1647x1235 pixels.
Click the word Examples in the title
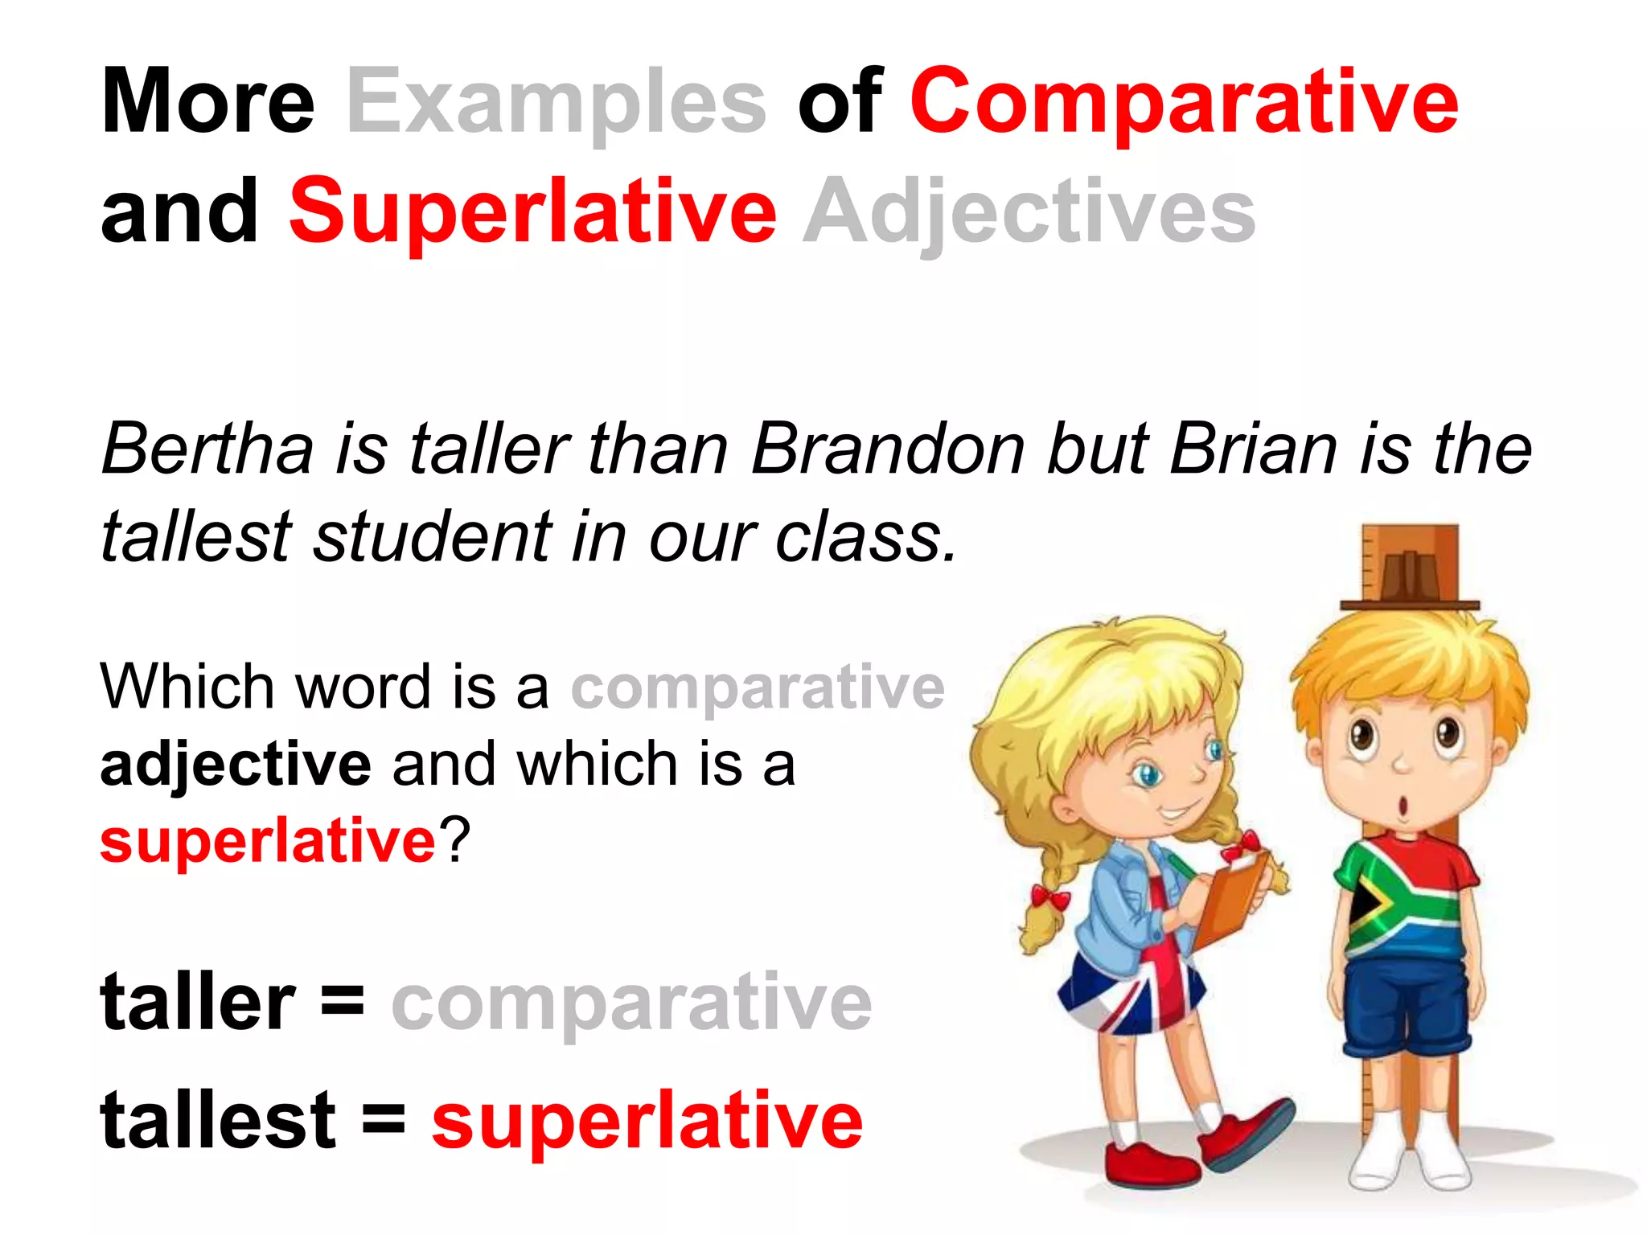556,102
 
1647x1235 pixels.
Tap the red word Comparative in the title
1183,102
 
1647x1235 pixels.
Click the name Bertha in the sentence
207,449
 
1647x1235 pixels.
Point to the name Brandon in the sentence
887,449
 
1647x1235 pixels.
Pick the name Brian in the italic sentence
1253,449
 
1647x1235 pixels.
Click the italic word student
432,536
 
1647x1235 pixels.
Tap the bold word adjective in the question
235,764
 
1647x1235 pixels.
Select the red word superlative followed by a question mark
267,841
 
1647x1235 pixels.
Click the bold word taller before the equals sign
198,1002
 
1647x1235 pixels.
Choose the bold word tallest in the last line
218,1120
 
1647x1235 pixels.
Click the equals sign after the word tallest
384,1118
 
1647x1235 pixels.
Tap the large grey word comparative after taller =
631,1002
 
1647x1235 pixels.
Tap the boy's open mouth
1403,805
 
